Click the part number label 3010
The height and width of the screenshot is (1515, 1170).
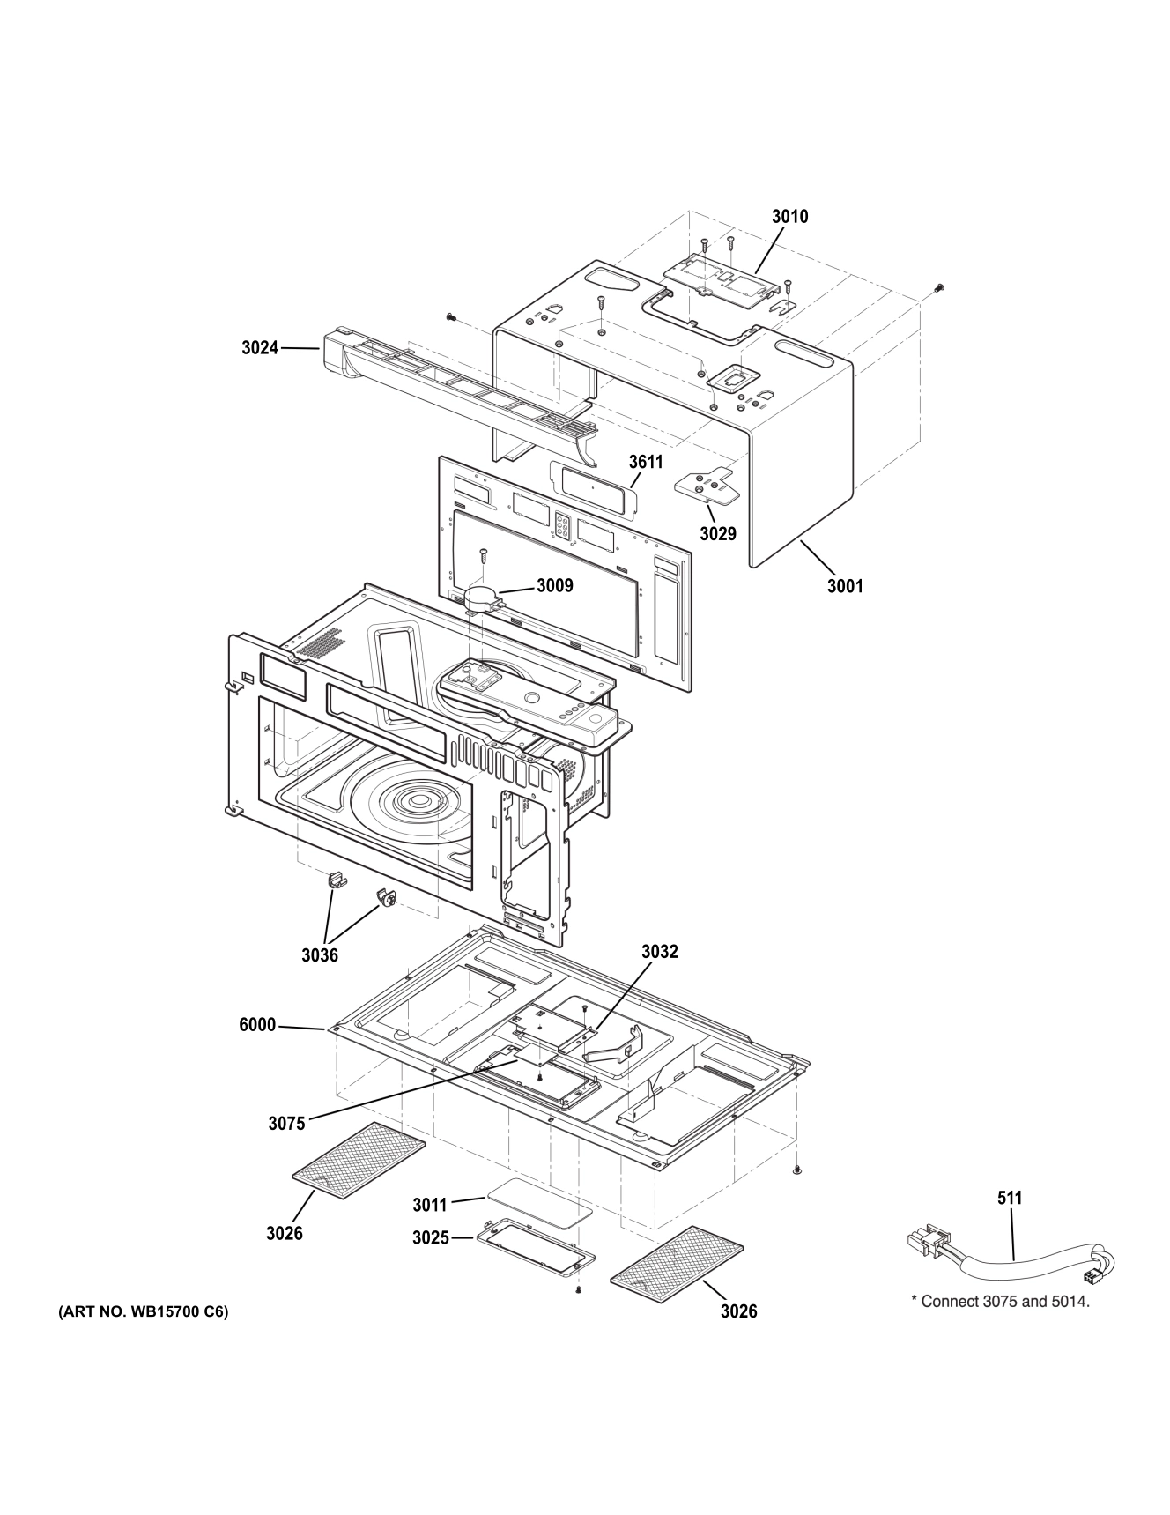(x=789, y=217)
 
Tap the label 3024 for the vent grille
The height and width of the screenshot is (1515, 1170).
(x=260, y=348)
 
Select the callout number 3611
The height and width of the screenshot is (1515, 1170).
(x=645, y=462)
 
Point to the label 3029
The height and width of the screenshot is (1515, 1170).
(x=718, y=533)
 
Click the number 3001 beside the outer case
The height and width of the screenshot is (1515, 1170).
(x=844, y=585)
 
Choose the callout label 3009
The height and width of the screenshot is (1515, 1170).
(x=555, y=585)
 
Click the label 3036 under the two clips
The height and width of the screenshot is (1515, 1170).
(x=320, y=955)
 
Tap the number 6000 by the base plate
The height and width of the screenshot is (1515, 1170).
(x=257, y=1025)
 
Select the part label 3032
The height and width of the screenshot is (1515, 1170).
(x=660, y=952)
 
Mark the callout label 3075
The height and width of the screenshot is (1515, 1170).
(x=287, y=1123)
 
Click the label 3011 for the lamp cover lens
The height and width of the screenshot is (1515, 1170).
(x=430, y=1204)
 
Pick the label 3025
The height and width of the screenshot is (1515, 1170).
(x=431, y=1238)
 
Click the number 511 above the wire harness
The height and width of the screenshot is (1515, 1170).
(x=1010, y=1198)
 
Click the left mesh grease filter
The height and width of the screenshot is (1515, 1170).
(x=358, y=1155)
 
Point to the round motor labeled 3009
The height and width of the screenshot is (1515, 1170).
(x=482, y=598)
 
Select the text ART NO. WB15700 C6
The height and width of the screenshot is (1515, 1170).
(x=143, y=1311)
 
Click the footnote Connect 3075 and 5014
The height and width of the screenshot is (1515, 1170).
(x=1000, y=1301)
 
